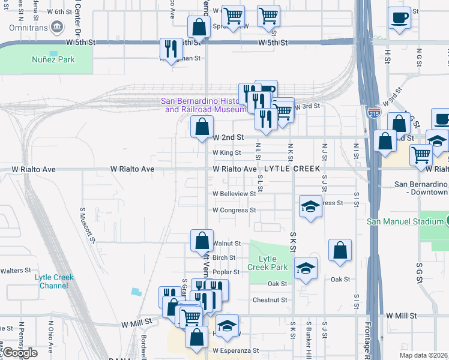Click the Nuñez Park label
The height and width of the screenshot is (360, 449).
[53, 60]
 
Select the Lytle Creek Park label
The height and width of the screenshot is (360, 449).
[268, 263]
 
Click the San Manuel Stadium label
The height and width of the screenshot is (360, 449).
[405, 221]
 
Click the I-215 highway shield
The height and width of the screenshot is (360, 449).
[372, 112]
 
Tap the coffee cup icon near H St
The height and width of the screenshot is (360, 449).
[399, 18]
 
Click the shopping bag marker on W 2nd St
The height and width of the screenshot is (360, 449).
[202, 127]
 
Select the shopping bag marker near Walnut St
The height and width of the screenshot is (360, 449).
[202, 240]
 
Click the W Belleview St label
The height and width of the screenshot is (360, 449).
[234, 194]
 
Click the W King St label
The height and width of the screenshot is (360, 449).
[226, 153]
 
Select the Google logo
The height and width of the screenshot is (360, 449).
[20, 353]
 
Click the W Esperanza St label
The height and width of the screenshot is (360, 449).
[235, 350]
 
